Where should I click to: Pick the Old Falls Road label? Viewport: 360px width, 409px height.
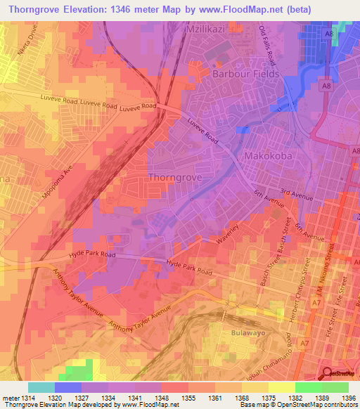click(271, 44)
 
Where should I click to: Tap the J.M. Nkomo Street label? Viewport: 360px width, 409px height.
click(323, 284)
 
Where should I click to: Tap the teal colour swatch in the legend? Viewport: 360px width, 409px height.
click(41, 387)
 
